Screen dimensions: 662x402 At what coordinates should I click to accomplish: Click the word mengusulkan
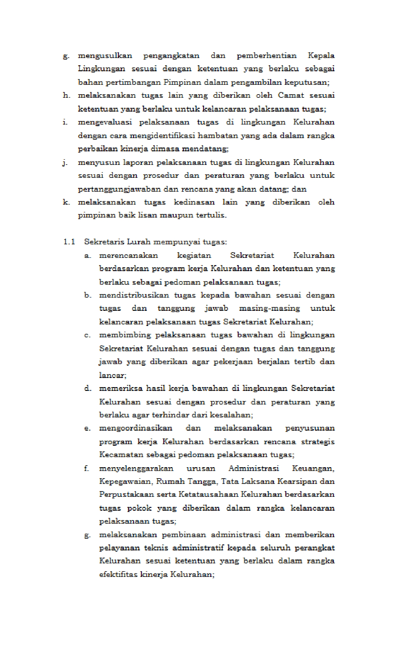(105, 56)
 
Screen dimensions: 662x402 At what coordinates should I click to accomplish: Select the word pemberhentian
(266, 56)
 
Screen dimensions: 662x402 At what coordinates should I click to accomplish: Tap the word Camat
(291, 96)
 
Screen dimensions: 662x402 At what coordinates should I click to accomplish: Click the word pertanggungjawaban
(119, 189)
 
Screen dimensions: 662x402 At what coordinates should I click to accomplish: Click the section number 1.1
(69, 242)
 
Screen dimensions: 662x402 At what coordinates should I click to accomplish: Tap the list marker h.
(66, 96)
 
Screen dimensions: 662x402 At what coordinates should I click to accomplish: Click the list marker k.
(66, 202)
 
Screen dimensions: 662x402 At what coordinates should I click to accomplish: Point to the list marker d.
(87, 388)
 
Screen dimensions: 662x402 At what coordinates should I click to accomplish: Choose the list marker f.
(86, 468)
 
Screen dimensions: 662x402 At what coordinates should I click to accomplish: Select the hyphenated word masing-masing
(269, 308)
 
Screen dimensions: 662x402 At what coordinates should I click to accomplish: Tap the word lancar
(112, 375)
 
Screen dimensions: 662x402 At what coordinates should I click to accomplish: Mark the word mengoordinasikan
(136, 428)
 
